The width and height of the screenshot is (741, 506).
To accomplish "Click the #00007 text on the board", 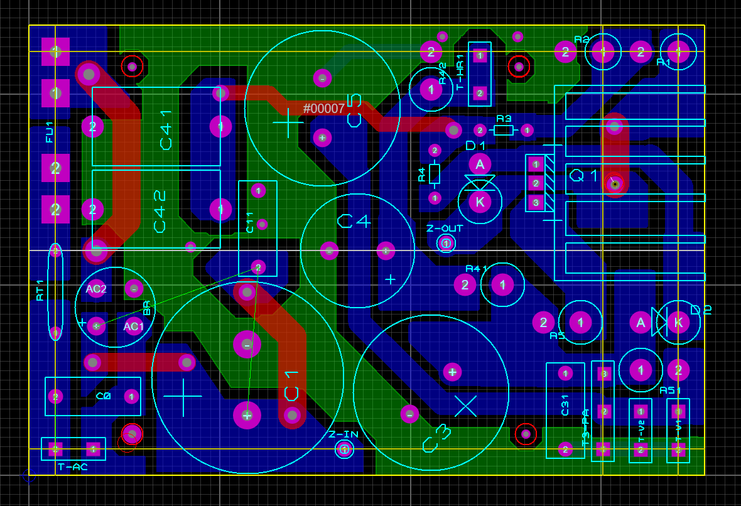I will click(324, 109).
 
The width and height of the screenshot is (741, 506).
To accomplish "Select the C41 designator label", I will click(166, 130).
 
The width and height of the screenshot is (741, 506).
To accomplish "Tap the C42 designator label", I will click(160, 212).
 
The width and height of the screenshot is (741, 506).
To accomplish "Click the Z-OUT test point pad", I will click(446, 243).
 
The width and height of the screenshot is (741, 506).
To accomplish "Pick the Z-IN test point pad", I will click(344, 449).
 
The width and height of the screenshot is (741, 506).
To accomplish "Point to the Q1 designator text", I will click(584, 175).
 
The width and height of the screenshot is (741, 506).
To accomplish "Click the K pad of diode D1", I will click(480, 202).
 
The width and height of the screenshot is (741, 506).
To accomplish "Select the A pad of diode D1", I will click(480, 164).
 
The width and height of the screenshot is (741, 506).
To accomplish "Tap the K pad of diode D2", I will click(678, 323).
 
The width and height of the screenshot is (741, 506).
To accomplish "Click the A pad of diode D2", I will click(641, 323).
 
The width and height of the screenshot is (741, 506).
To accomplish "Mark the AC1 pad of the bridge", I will click(134, 326).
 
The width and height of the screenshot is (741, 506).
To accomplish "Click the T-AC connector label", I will click(73, 467).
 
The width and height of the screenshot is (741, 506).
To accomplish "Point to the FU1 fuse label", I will click(50, 136).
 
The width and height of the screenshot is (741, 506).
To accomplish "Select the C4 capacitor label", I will click(354, 221).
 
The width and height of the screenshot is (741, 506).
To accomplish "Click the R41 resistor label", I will click(477, 269).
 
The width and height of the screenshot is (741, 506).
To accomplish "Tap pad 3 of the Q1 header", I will click(536, 202).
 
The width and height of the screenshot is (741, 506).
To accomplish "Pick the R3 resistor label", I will click(504, 119).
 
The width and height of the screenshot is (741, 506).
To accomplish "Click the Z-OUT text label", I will click(445, 229).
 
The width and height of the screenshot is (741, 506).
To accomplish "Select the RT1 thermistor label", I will click(40, 290).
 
